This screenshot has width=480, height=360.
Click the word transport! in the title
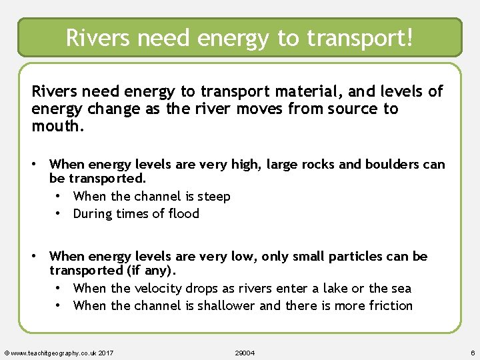[360, 37]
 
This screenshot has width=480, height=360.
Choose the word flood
[182, 213]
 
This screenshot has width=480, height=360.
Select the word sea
[400, 288]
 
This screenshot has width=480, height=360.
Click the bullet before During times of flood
[59, 213]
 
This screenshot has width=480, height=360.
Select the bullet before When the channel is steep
[59, 196]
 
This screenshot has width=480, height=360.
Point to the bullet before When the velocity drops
[59, 288]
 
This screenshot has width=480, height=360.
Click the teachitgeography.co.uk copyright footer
[59, 352]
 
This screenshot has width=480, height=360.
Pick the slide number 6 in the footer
[472, 352]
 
